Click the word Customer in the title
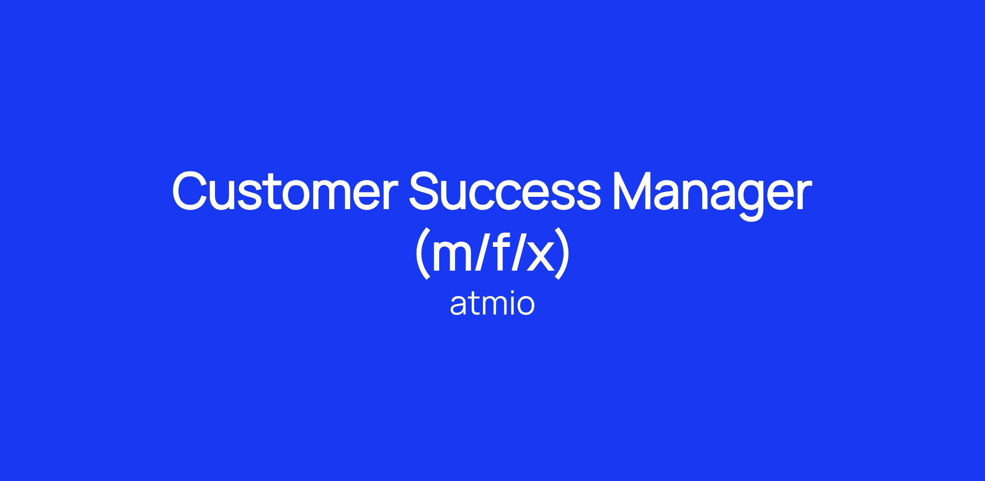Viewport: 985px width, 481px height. pos(285,191)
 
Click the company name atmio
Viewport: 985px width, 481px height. pos(492,304)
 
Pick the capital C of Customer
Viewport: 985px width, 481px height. pos(191,191)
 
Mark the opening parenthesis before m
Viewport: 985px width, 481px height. pos(423,253)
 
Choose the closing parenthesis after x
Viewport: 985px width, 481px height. pos(562,253)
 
